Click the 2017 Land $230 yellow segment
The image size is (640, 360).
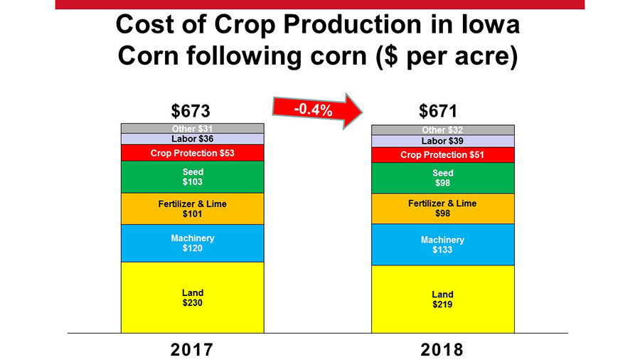(x=192, y=297)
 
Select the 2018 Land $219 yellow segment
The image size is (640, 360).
(x=442, y=299)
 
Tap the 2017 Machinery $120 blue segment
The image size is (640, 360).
(x=192, y=243)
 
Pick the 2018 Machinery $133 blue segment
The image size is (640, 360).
(x=442, y=245)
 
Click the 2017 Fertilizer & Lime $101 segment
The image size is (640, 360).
(x=192, y=208)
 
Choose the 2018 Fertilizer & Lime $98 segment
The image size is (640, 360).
(x=442, y=208)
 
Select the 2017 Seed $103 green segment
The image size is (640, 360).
(x=192, y=177)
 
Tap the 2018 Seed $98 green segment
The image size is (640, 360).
(x=442, y=178)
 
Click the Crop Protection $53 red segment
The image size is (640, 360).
(x=192, y=153)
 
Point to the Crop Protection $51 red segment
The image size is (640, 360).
(x=442, y=155)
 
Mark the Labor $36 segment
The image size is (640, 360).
(x=192, y=139)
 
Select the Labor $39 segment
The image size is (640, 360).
(x=442, y=141)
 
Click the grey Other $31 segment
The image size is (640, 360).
(x=192, y=128)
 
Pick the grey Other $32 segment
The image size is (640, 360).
(x=442, y=130)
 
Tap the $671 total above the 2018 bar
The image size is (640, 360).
(x=438, y=111)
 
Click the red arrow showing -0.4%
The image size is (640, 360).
(x=316, y=110)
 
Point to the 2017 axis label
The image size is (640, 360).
(x=191, y=349)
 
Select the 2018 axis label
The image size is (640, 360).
(x=442, y=349)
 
